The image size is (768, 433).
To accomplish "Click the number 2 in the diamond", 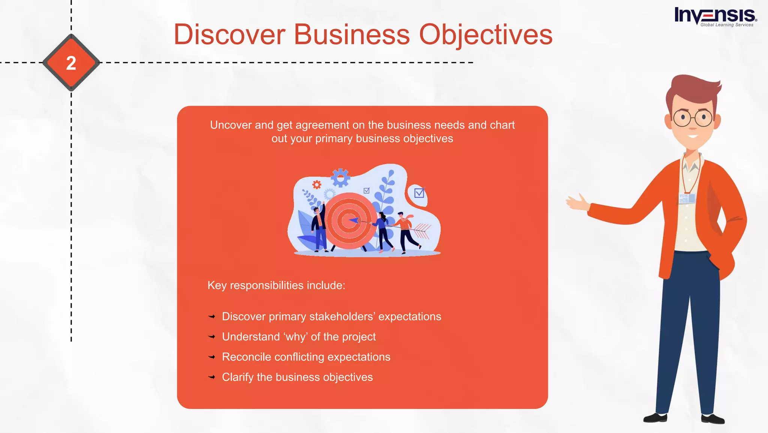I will coord(71,63).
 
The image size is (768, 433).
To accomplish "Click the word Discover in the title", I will coord(229,35).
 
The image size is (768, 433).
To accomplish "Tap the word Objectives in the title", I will coord(486,35).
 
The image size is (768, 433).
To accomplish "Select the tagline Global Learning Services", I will coord(727,25).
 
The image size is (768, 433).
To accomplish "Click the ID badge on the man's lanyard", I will coord(687,198).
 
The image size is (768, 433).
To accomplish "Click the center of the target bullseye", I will coord(349,221).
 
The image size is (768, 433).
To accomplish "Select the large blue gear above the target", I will coord(340,178).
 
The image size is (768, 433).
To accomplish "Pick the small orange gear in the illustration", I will coord(317,184).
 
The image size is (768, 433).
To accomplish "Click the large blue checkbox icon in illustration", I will coord(419,193).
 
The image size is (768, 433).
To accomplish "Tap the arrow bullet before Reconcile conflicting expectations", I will coord(212,357).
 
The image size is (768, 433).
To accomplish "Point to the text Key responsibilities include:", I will coord(276,285).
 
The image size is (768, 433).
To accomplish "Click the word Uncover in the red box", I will coord(231,125).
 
